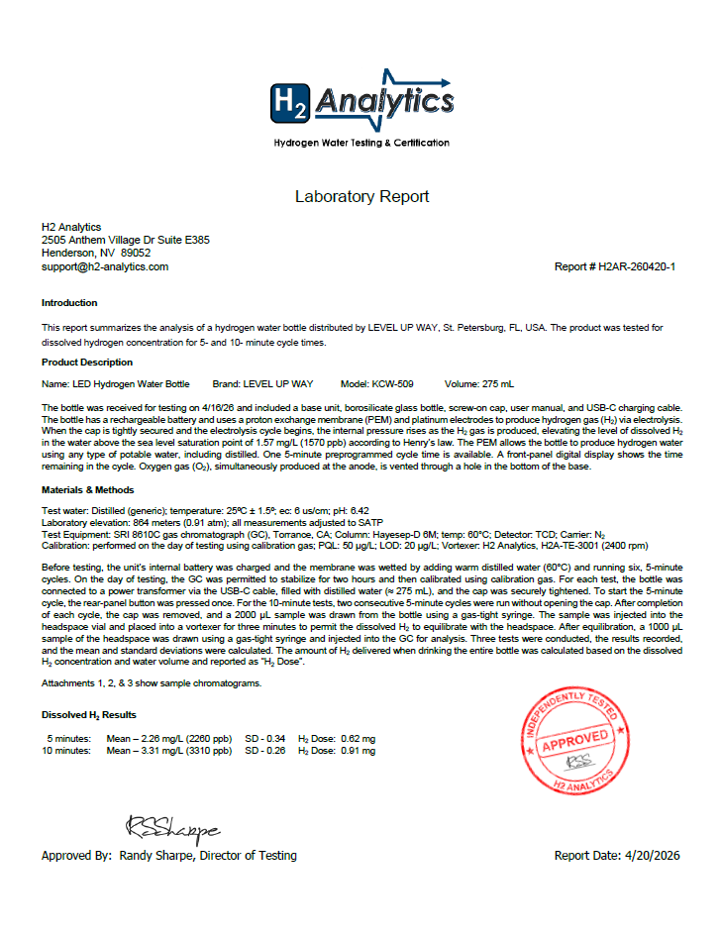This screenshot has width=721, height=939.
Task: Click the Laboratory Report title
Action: (361, 196)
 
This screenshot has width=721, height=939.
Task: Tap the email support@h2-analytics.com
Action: (105, 266)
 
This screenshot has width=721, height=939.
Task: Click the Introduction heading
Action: (69, 302)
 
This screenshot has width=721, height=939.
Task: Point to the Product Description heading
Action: (87, 362)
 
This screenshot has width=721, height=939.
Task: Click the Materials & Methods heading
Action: (88, 489)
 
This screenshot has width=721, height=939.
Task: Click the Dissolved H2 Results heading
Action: (89, 714)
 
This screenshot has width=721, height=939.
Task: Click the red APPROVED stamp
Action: (574, 739)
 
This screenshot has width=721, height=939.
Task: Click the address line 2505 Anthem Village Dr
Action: (125, 240)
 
